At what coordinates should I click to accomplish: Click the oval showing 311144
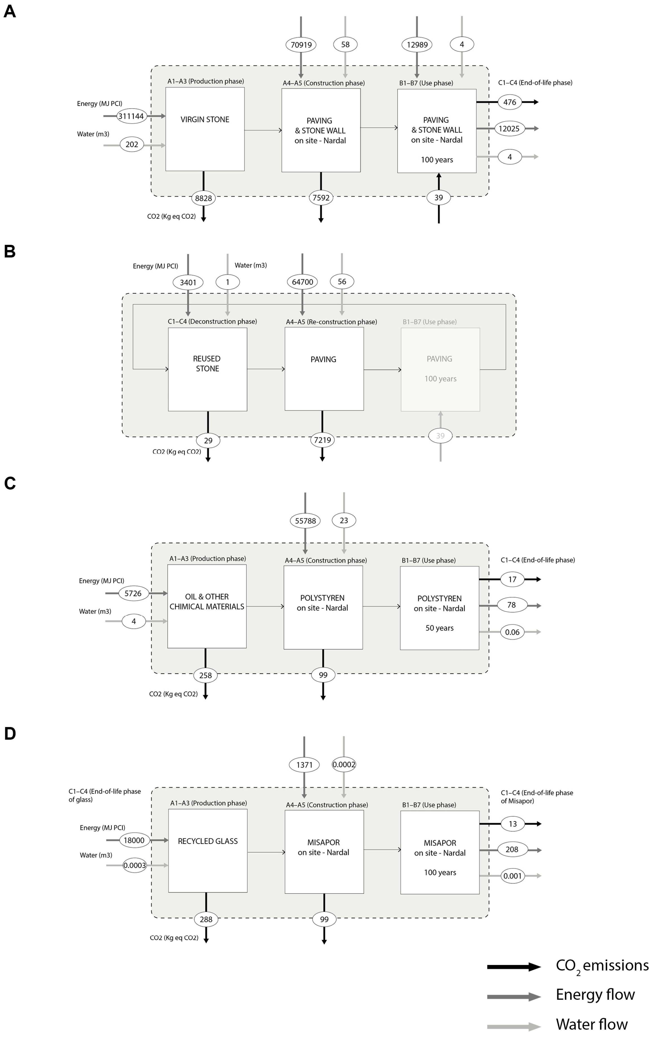point(131,116)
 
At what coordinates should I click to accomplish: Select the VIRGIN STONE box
point(205,129)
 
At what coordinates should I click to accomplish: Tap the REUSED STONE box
point(208,369)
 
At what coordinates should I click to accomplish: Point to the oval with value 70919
point(301,44)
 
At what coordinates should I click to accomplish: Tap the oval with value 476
point(510,102)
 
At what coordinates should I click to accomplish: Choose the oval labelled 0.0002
point(344,764)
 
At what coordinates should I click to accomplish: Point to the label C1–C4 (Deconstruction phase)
point(212,321)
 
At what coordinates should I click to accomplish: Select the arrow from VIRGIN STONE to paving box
point(263,130)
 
